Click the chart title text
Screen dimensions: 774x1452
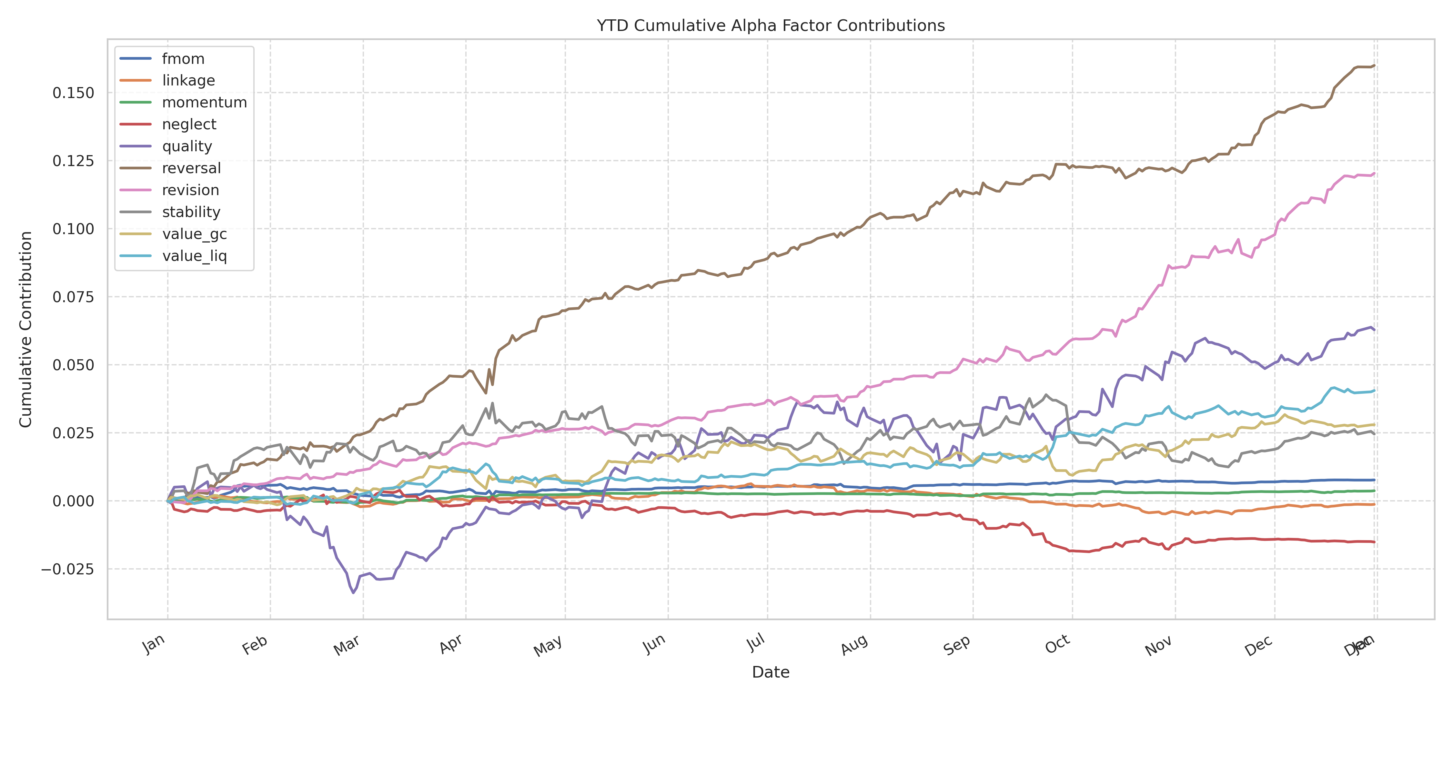[x=771, y=26]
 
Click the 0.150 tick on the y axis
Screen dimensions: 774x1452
[x=73, y=93]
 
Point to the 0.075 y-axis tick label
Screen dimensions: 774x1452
[x=73, y=297]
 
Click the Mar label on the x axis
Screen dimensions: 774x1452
[x=347, y=646]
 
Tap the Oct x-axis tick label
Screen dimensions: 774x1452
[x=1057, y=644]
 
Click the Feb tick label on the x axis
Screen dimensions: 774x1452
[x=255, y=646]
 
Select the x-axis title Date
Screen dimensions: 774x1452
[x=771, y=672]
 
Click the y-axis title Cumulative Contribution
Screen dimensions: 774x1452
[x=26, y=330]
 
